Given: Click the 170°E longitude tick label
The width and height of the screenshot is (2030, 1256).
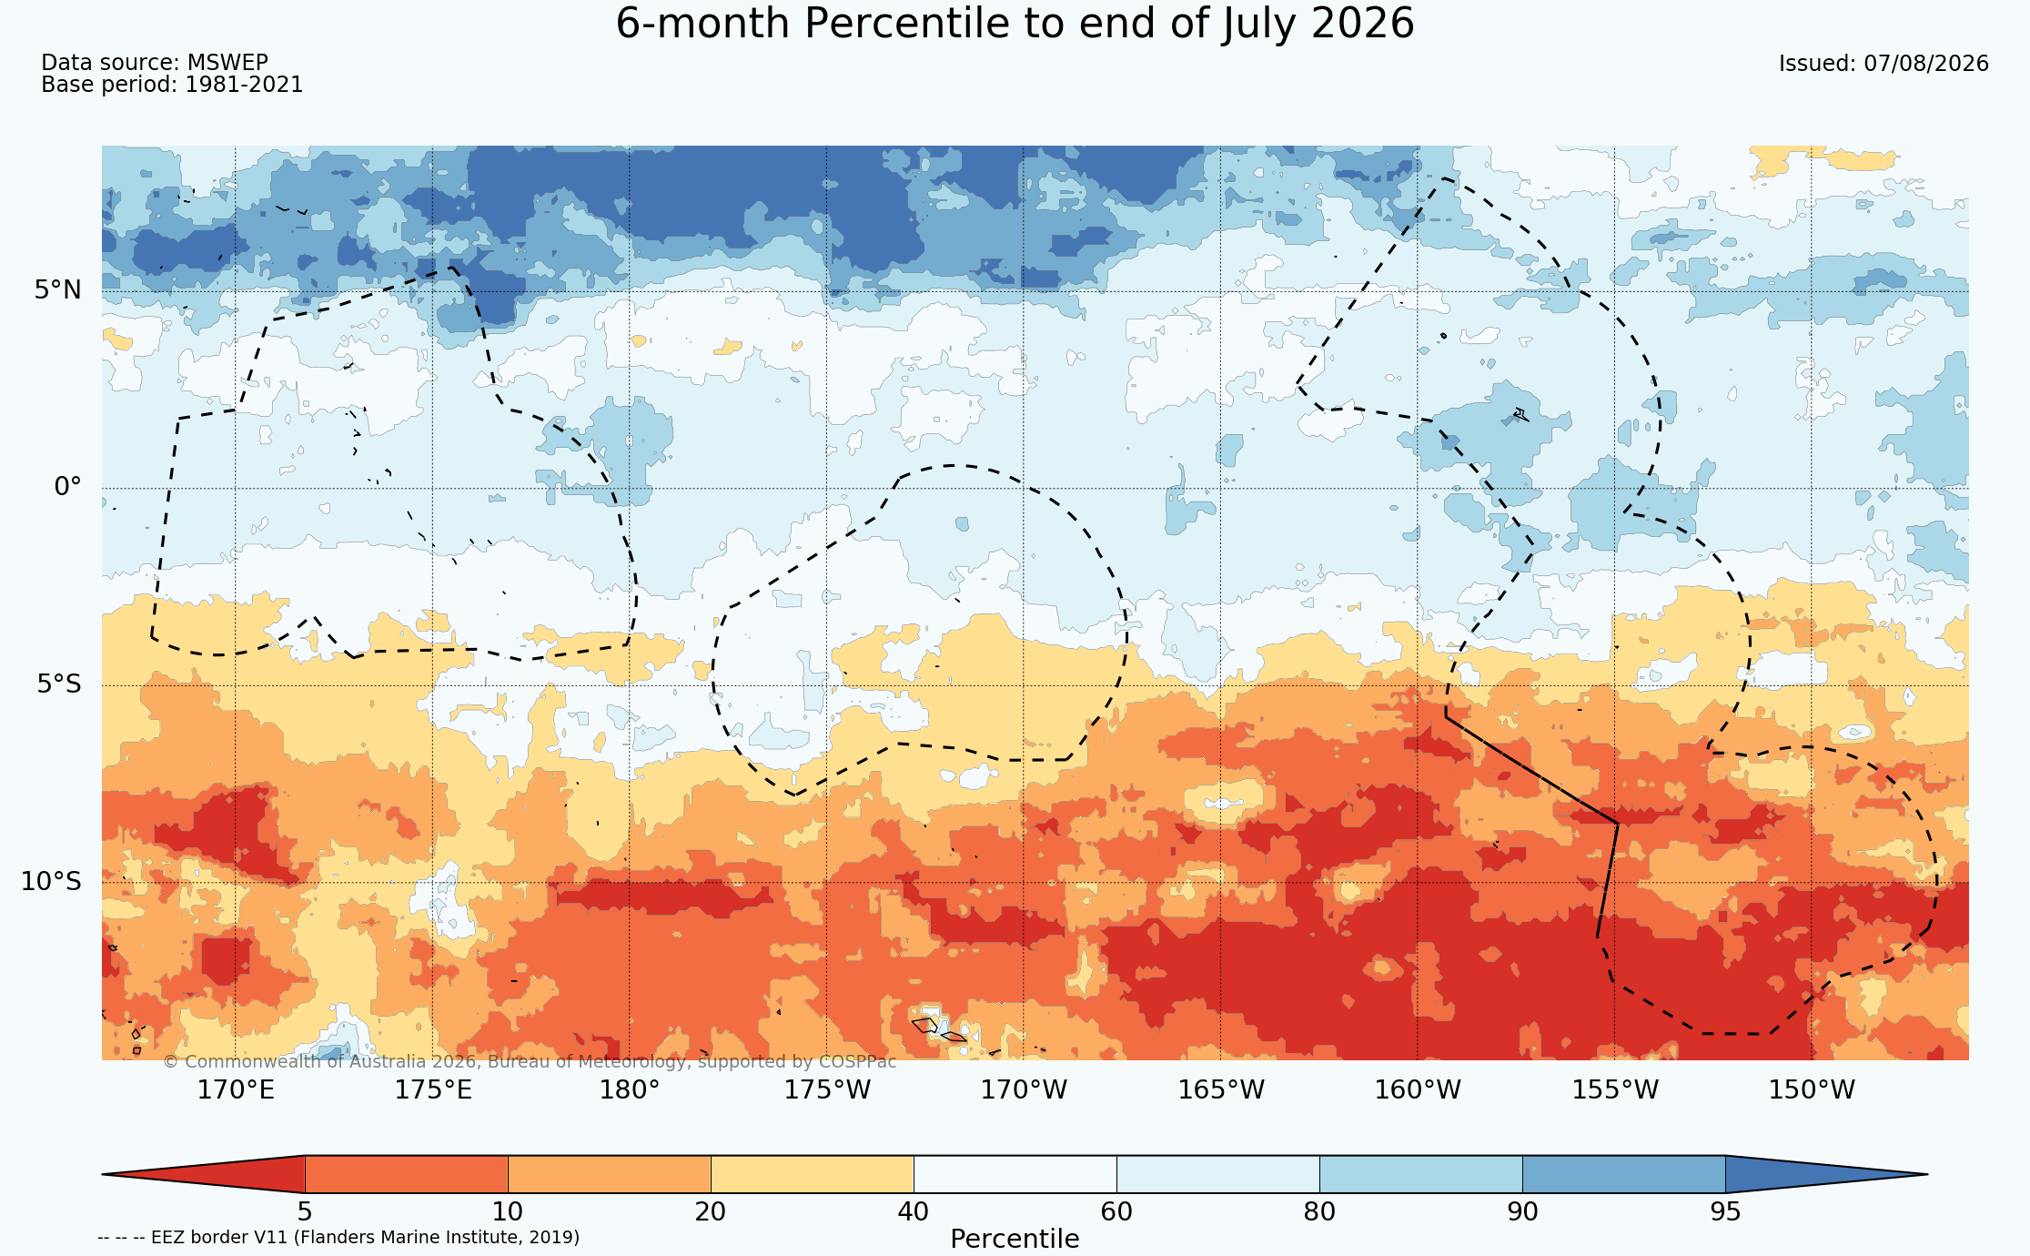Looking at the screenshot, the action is (x=236, y=1089).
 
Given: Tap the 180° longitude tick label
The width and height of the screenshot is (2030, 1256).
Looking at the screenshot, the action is (x=629, y=1089).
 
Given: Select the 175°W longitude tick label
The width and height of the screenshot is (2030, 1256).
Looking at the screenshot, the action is (x=827, y=1089).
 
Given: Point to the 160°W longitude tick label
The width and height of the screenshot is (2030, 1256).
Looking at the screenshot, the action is (x=1418, y=1089).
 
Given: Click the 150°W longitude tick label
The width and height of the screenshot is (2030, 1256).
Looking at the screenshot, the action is (x=1812, y=1089).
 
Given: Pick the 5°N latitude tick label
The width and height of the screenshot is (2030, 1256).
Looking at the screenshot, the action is (x=58, y=290).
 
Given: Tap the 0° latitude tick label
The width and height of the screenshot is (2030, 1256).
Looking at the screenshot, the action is (x=68, y=487).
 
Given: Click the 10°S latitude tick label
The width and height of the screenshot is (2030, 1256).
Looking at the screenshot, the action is (x=52, y=881).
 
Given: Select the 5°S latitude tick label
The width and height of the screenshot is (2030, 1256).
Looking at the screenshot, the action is (x=59, y=684).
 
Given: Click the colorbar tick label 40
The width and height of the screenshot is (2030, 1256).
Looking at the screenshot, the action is (x=914, y=1212).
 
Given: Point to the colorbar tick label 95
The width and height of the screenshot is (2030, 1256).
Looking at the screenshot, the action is (x=1725, y=1212).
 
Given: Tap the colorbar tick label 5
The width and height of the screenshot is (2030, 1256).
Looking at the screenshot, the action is (x=305, y=1212).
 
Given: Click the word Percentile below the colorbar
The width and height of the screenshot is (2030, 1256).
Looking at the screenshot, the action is (x=1015, y=1240).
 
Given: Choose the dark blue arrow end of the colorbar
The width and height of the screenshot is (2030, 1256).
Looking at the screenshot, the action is (x=1811, y=1174).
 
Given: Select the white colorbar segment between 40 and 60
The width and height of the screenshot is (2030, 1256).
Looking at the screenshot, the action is (x=1015, y=1174).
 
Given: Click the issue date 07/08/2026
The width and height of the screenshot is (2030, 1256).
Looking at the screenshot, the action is (x=1926, y=64).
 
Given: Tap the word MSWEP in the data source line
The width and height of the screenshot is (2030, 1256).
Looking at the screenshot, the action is (x=227, y=63).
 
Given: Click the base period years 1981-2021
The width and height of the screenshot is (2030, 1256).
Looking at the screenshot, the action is (x=244, y=85).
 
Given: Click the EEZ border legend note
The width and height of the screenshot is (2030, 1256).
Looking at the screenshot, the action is (x=338, y=1238).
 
